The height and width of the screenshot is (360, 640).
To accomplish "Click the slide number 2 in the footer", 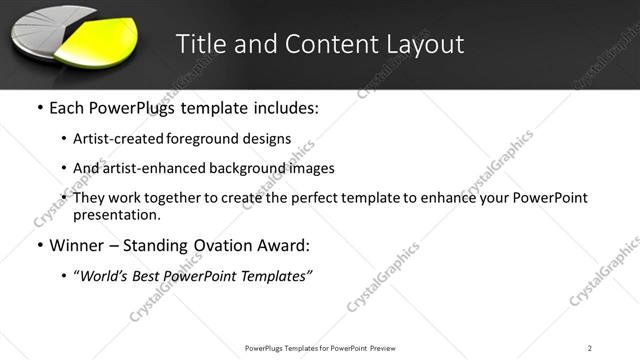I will tap(590, 348).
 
